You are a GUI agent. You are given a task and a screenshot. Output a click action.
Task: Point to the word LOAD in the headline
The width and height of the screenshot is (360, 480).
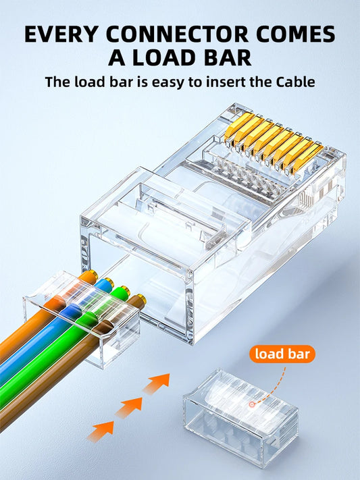click(x=165, y=57)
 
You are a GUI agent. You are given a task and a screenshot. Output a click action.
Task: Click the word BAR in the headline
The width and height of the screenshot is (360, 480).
click(x=227, y=57)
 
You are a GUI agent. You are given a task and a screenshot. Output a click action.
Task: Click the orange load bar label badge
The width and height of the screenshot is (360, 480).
click(x=282, y=353)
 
